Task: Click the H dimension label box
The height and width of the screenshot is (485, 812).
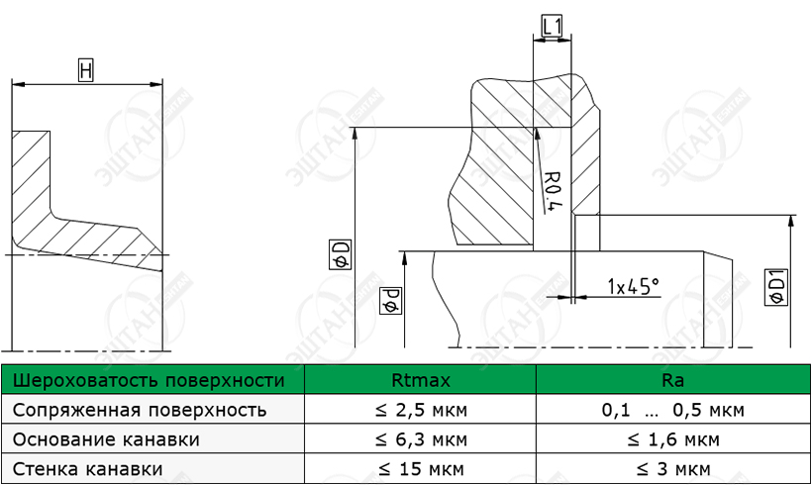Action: tap(86, 70)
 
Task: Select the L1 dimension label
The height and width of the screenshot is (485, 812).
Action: tap(552, 26)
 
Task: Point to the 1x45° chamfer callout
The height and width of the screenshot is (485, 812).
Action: tap(634, 285)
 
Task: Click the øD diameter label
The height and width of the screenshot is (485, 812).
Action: tap(341, 254)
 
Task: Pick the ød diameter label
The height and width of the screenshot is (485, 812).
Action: tap(390, 301)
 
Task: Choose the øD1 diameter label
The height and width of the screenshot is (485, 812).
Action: tap(775, 287)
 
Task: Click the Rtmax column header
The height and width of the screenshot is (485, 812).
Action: tap(421, 380)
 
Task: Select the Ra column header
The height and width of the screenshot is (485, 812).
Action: tap(672, 380)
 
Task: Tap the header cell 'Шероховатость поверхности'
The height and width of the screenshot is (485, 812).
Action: tap(149, 380)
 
